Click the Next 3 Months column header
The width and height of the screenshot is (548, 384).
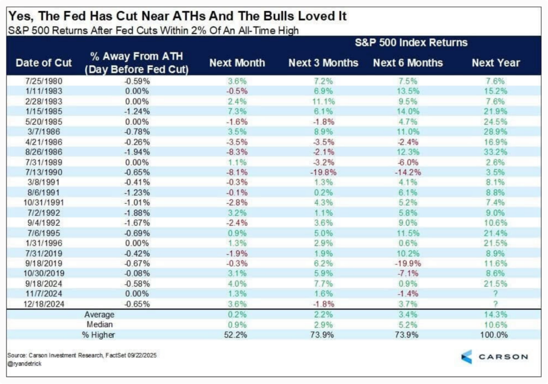[323, 63]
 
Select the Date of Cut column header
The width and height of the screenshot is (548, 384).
[44, 63]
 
